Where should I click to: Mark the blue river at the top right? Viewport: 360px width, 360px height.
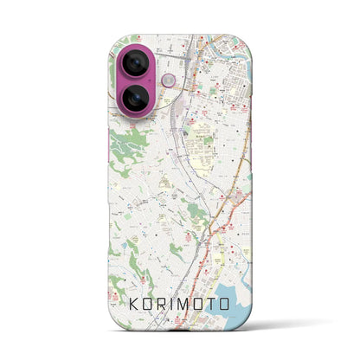click(227, 39)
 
